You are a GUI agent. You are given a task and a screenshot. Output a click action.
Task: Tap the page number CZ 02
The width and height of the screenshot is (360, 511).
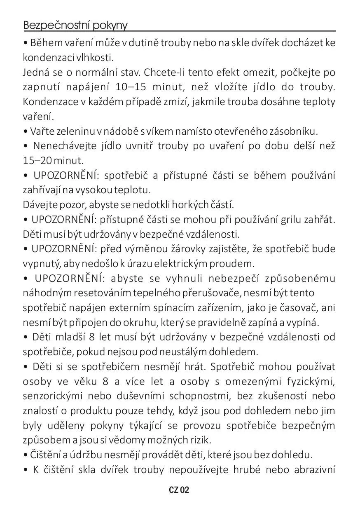pos(179,490)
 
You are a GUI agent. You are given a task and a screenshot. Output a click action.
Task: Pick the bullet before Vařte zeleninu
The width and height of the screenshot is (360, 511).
pos(26,132)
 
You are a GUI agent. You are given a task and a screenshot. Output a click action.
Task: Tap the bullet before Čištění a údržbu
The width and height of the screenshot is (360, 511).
pos(26,455)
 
